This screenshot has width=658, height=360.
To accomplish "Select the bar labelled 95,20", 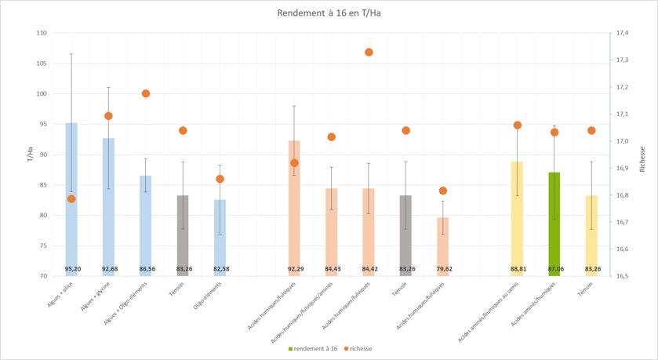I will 71,196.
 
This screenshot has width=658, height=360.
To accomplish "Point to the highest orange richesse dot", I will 369,53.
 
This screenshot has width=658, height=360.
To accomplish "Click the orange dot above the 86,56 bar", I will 145,93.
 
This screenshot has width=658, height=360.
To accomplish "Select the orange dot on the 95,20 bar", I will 71,198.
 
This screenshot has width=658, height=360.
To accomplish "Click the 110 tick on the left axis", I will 42,33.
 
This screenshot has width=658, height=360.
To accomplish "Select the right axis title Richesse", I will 642,155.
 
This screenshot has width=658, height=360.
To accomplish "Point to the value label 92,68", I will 108,269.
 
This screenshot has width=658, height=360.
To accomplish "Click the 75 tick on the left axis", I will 43,245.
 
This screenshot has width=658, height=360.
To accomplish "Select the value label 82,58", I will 220,269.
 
